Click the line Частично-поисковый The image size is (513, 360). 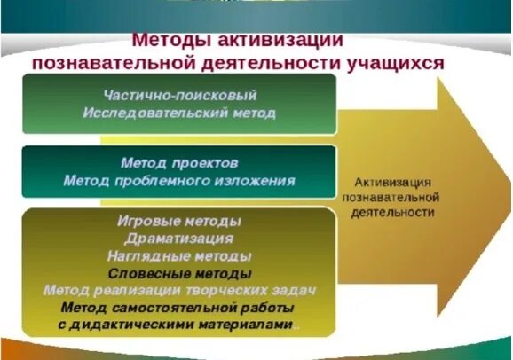(x=180, y=95)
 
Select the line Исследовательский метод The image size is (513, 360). (x=180, y=113)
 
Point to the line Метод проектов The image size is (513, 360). (x=180, y=163)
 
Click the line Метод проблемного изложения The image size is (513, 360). (x=180, y=181)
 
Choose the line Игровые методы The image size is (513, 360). (x=180, y=220)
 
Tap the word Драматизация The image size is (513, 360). (x=180, y=238)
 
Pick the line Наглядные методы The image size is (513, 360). (x=180, y=255)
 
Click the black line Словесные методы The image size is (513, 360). (x=180, y=273)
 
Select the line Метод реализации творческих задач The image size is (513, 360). (x=180, y=291)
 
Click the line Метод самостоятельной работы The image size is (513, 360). (x=180, y=309)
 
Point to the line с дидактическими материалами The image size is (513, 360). (x=180, y=325)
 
